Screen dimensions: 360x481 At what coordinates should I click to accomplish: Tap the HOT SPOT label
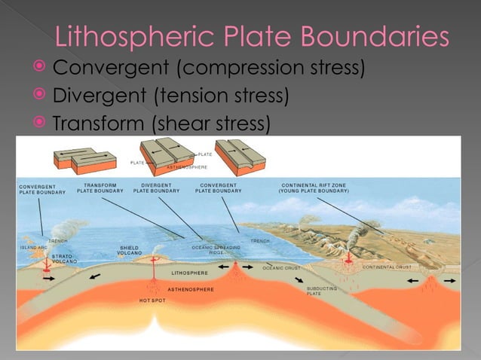pyautogui.click(x=152, y=301)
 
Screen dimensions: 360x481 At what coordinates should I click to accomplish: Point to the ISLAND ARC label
pyautogui.click(x=34, y=247)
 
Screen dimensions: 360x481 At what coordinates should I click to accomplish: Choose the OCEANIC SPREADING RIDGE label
pyautogui.click(x=216, y=250)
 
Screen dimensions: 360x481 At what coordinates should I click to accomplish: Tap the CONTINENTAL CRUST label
pyautogui.click(x=386, y=267)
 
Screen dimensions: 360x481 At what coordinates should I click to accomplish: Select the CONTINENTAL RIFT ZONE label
pyautogui.click(x=314, y=188)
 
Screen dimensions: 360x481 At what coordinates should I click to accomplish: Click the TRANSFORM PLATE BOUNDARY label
pyautogui.click(x=100, y=188)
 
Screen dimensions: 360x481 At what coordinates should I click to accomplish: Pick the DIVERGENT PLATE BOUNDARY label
pyautogui.click(x=157, y=188)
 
